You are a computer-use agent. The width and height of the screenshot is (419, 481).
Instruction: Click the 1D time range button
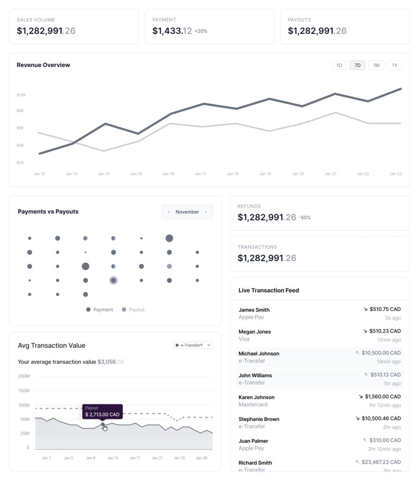click(339, 65)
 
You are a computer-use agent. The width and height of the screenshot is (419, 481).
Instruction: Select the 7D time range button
click(357, 65)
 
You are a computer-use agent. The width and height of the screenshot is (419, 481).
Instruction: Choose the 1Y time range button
click(395, 65)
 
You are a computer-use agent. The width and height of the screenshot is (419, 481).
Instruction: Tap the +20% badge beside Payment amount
click(201, 31)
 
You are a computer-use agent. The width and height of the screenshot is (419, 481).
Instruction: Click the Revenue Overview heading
click(43, 65)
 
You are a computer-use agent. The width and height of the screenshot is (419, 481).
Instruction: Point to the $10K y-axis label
click(21, 95)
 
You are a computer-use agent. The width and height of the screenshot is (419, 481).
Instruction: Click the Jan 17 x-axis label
click(201, 174)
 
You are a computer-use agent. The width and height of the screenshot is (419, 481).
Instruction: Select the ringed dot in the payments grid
click(113, 280)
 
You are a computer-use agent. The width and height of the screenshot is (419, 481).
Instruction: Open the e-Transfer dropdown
click(193, 345)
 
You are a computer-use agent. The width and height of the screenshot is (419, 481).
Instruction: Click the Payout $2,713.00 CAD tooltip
click(103, 411)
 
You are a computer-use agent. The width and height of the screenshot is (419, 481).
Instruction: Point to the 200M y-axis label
click(24, 376)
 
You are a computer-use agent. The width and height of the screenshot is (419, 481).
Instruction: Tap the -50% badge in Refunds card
click(305, 217)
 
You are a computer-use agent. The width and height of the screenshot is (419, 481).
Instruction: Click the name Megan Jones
click(254, 332)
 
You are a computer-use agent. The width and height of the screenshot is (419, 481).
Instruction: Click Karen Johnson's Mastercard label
click(253, 404)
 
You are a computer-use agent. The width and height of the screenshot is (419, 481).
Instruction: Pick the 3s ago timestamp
click(393, 318)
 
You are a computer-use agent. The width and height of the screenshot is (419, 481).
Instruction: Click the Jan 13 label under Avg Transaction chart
click(113, 458)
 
